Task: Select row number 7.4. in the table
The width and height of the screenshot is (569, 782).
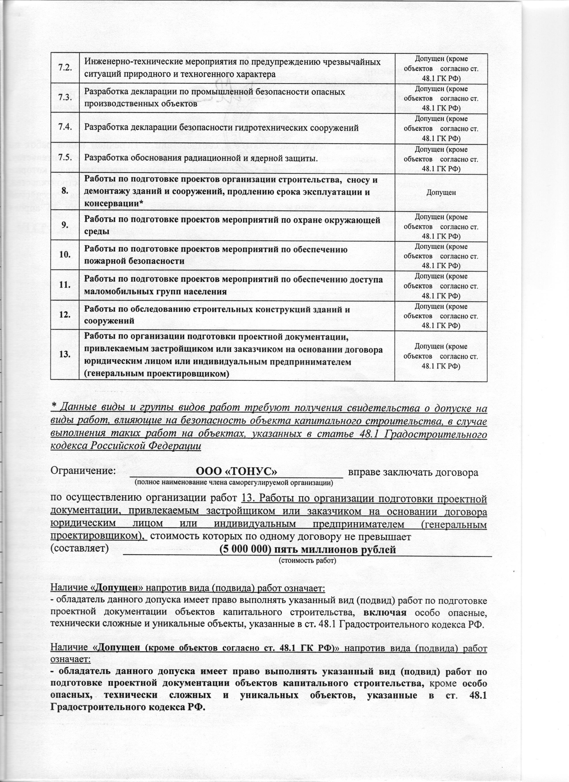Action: point(65,128)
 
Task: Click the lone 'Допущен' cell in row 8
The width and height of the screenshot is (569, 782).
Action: point(441,193)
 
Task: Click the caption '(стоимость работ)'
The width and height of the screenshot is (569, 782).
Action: point(307,560)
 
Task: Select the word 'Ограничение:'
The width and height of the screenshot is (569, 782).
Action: point(83,471)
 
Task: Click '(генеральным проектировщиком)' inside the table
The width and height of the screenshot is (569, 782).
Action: point(157,373)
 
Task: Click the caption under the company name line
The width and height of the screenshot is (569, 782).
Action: point(234,482)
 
